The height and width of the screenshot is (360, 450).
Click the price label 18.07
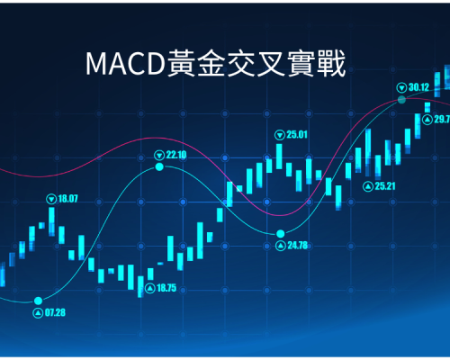(67, 199)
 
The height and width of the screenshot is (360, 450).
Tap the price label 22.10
(176, 155)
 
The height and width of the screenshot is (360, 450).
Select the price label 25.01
(297, 135)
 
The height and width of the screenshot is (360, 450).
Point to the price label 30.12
(418, 87)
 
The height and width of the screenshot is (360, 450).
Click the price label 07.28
(55, 312)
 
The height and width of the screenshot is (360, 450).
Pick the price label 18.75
(166, 288)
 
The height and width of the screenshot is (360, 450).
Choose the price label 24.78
(298, 246)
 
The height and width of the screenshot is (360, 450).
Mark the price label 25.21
(385, 186)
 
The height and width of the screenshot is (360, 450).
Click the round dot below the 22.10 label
(159, 166)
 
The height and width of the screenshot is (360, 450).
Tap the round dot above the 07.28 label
(38, 301)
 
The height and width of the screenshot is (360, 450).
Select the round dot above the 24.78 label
(281, 233)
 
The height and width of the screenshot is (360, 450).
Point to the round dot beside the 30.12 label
(401, 100)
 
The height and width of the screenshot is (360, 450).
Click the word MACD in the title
(125, 64)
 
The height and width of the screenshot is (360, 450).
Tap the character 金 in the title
(211, 63)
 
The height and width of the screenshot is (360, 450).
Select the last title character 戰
(331, 63)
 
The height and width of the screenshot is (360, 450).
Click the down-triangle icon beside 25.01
(280, 135)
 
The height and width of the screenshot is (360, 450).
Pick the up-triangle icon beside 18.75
(150, 288)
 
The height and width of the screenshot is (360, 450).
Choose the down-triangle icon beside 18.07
(51, 199)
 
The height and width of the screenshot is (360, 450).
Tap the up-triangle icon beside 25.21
(367, 186)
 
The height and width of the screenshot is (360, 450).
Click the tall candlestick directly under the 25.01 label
(279, 157)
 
